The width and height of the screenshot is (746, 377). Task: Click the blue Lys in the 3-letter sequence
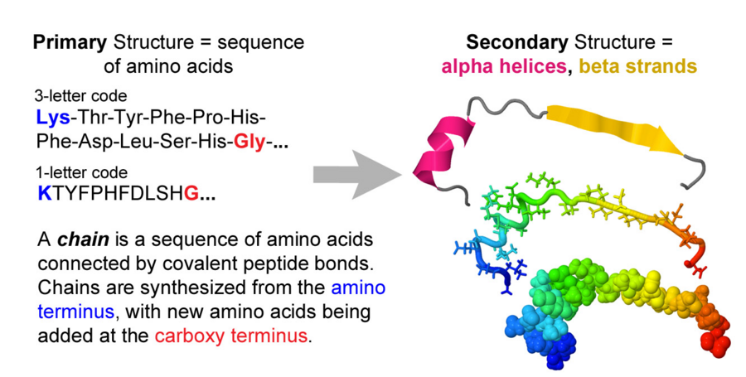(53, 115)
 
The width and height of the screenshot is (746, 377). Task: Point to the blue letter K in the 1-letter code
(43, 193)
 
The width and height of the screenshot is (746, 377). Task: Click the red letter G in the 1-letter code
(190, 193)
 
